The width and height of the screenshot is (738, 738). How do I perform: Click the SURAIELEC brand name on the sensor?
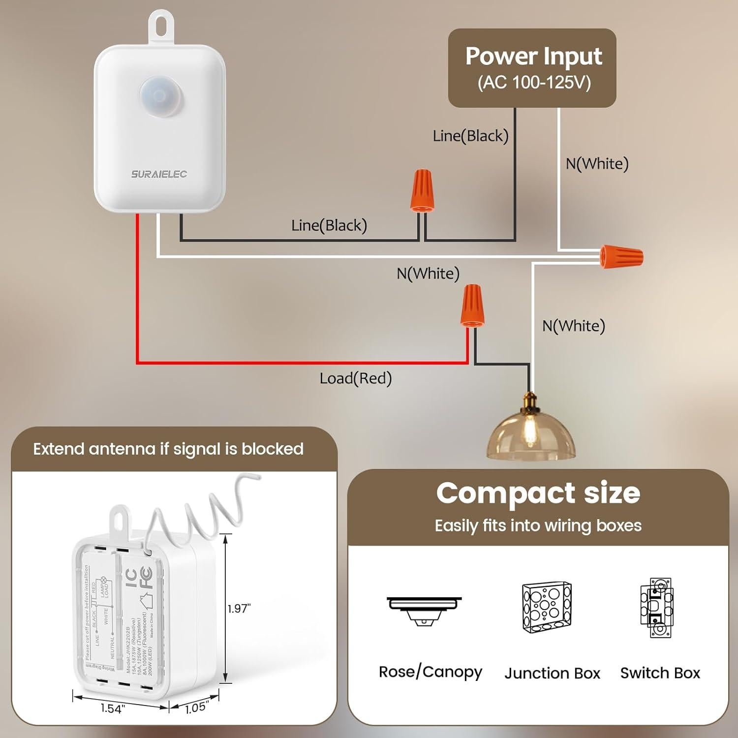(x=159, y=174)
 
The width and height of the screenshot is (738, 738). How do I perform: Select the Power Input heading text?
(x=533, y=57)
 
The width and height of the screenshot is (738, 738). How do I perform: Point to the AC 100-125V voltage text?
(x=534, y=82)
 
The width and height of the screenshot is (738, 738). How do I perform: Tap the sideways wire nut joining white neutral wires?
(x=621, y=256)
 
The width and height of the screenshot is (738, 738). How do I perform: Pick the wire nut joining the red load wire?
(x=472, y=306)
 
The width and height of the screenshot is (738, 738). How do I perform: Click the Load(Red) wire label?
(x=355, y=378)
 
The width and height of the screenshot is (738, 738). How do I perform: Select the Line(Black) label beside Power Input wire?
(x=470, y=136)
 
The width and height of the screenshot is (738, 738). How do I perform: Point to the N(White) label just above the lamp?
(x=573, y=326)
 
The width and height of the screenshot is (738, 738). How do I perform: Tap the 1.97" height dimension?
(x=239, y=609)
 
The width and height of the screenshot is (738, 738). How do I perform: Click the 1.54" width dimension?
(x=113, y=708)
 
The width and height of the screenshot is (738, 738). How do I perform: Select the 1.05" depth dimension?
(x=195, y=708)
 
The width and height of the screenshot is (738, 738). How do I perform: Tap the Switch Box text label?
(x=660, y=673)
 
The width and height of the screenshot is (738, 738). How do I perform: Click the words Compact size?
(x=538, y=493)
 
